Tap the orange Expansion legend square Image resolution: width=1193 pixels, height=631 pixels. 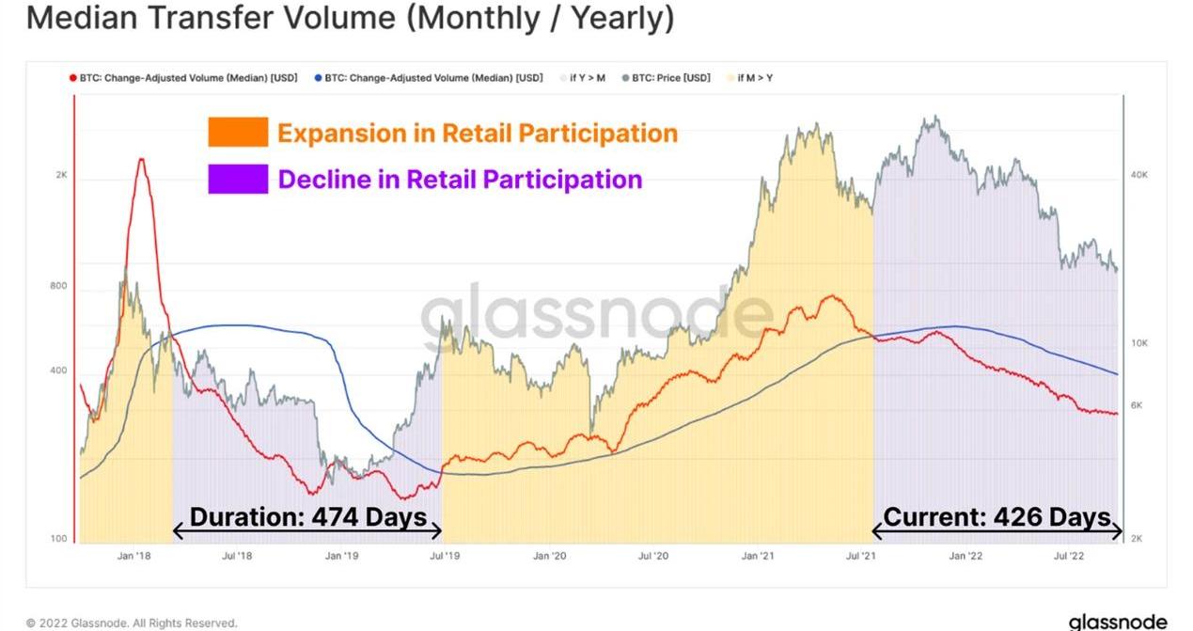coord(238,133)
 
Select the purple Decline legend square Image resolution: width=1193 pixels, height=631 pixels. coord(238,179)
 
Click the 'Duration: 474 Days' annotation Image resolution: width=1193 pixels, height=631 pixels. coord(308,517)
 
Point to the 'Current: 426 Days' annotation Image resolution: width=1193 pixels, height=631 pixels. coord(997,517)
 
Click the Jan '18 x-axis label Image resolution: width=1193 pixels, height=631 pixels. coord(134,556)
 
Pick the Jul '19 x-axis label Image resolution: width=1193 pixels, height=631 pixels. coord(447,556)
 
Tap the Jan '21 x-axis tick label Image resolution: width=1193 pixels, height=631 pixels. coord(758,556)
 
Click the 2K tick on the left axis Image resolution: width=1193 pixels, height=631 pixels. coord(61,176)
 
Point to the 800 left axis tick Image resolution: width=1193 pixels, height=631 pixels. coord(58,286)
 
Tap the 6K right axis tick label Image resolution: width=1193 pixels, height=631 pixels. coord(1137,405)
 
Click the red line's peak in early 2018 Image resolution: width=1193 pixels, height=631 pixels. coord(141,159)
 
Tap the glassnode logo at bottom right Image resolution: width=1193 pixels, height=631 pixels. coord(1117,622)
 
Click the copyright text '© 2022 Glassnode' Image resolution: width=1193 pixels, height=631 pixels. coord(132,623)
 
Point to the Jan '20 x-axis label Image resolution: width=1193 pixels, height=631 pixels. coord(550,556)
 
